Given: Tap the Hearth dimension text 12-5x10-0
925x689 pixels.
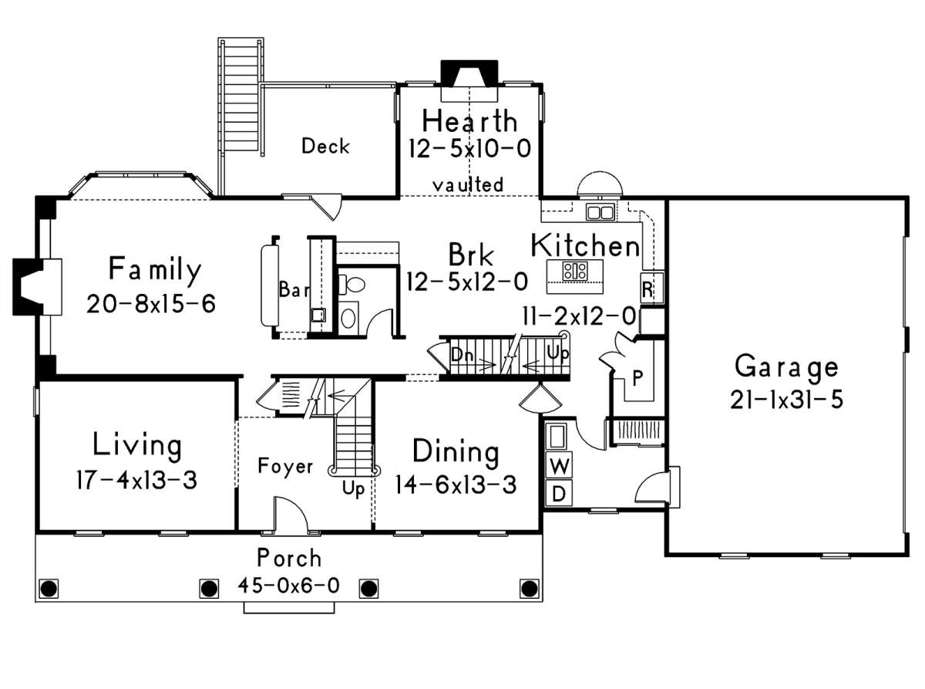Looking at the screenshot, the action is (x=469, y=149).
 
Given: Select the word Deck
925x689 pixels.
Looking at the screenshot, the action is (x=325, y=146).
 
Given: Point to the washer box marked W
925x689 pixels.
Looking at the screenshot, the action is (x=560, y=464).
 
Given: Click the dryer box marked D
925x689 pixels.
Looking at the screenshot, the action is (x=560, y=493).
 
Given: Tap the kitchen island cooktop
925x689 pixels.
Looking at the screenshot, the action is (x=575, y=271).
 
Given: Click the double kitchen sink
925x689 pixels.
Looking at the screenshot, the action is (x=600, y=211).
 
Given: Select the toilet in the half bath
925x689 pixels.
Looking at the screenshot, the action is (x=351, y=285).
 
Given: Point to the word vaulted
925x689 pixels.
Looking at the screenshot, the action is (x=468, y=184).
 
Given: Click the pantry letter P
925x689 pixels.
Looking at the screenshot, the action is (x=637, y=378).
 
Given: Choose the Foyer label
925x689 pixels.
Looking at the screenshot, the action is (x=285, y=466).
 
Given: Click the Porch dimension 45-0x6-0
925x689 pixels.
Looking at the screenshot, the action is (x=288, y=586).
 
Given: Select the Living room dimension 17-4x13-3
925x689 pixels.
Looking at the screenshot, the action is (x=136, y=480).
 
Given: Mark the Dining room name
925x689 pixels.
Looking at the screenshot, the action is (x=456, y=452).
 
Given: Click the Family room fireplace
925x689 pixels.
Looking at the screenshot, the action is (x=37, y=287).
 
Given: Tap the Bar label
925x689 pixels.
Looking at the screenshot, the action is (x=294, y=289).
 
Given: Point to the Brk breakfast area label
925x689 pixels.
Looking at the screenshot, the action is (x=471, y=255).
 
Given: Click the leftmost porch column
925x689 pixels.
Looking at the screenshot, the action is (x=49, y=589).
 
